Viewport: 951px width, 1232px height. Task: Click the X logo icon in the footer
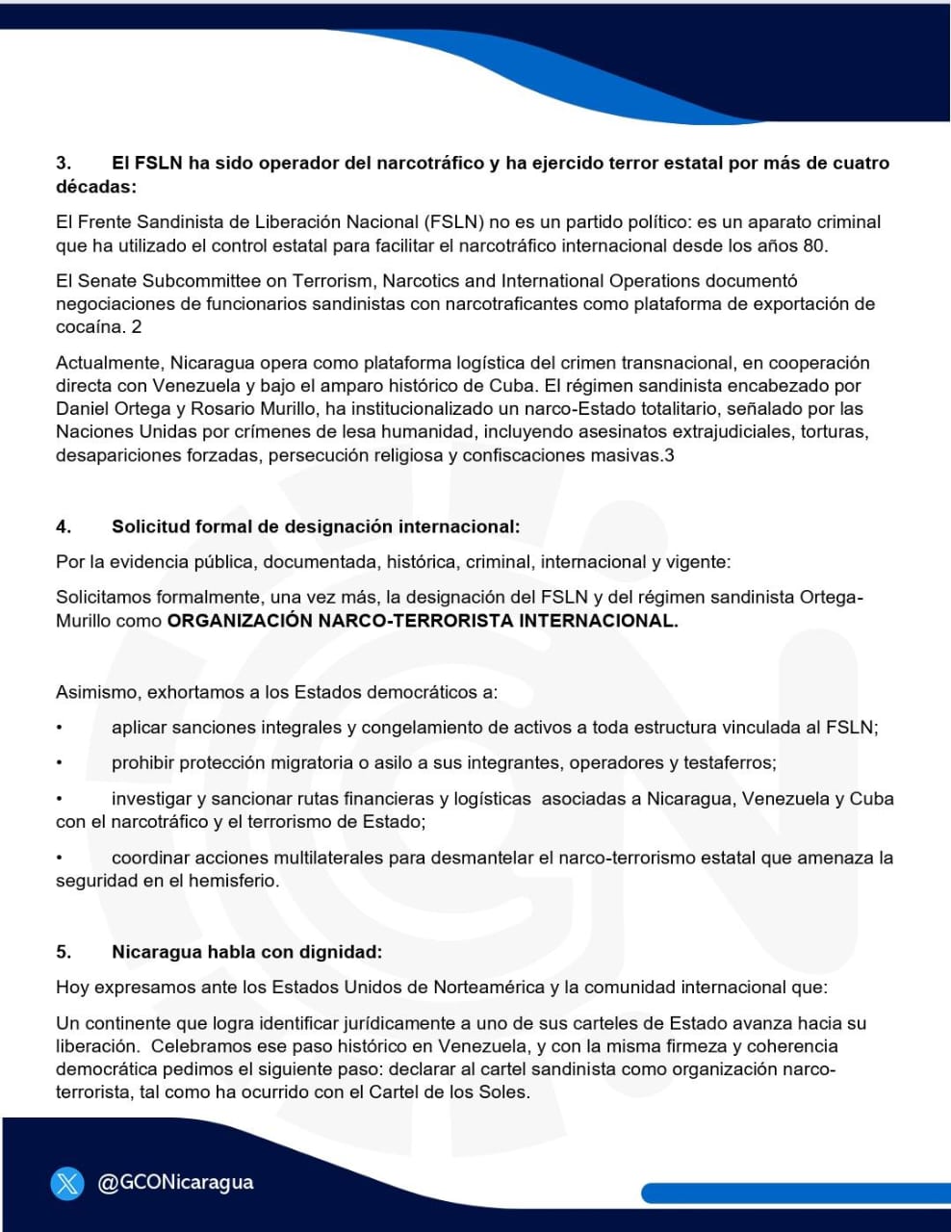coord(67,1183)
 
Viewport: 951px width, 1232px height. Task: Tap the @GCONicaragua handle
coord(175,1182)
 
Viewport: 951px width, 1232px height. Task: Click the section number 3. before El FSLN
coord(64,163)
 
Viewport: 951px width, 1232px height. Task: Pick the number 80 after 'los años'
coord(814,245)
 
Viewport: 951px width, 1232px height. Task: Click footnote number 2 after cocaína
coord(137,327)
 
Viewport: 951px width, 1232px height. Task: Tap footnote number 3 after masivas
coord(669,455)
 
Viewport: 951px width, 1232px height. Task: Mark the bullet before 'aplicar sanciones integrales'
coord(60,728)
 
